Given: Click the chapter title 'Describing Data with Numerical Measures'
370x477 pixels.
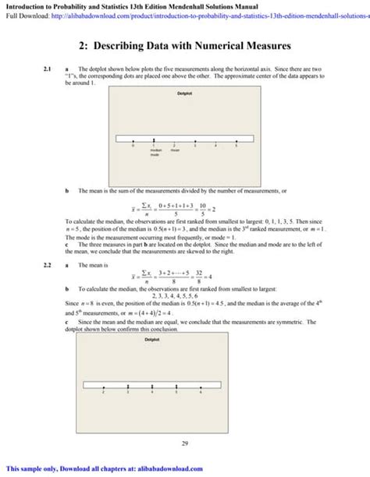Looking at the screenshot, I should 185,47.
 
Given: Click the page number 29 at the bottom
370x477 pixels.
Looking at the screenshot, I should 185,443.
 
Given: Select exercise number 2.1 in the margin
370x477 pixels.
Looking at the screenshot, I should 48,70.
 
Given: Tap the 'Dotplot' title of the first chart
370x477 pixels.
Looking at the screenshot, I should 184,94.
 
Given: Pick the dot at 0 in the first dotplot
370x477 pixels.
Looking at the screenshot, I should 133,140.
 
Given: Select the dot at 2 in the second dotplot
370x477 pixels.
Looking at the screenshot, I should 103,388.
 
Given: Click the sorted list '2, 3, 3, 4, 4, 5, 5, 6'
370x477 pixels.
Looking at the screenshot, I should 184,296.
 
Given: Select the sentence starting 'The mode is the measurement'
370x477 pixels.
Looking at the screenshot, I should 153,236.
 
